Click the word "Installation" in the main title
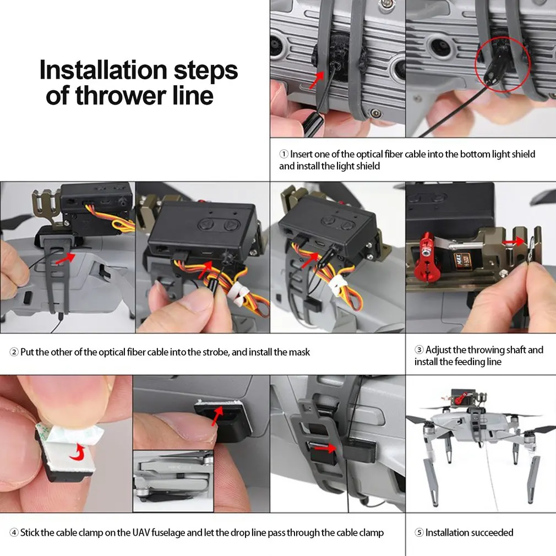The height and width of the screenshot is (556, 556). point(103,70)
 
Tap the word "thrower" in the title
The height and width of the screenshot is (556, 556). point(121,95)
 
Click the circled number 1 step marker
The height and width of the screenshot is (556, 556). point(284,154)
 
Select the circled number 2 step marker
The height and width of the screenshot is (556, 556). point(14,352)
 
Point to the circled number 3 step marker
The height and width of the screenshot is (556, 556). point(419,350)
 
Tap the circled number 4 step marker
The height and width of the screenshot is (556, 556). point(14,532)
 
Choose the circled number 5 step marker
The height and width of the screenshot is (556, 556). point(419,532)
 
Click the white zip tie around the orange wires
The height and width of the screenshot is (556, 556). point(338,286)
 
